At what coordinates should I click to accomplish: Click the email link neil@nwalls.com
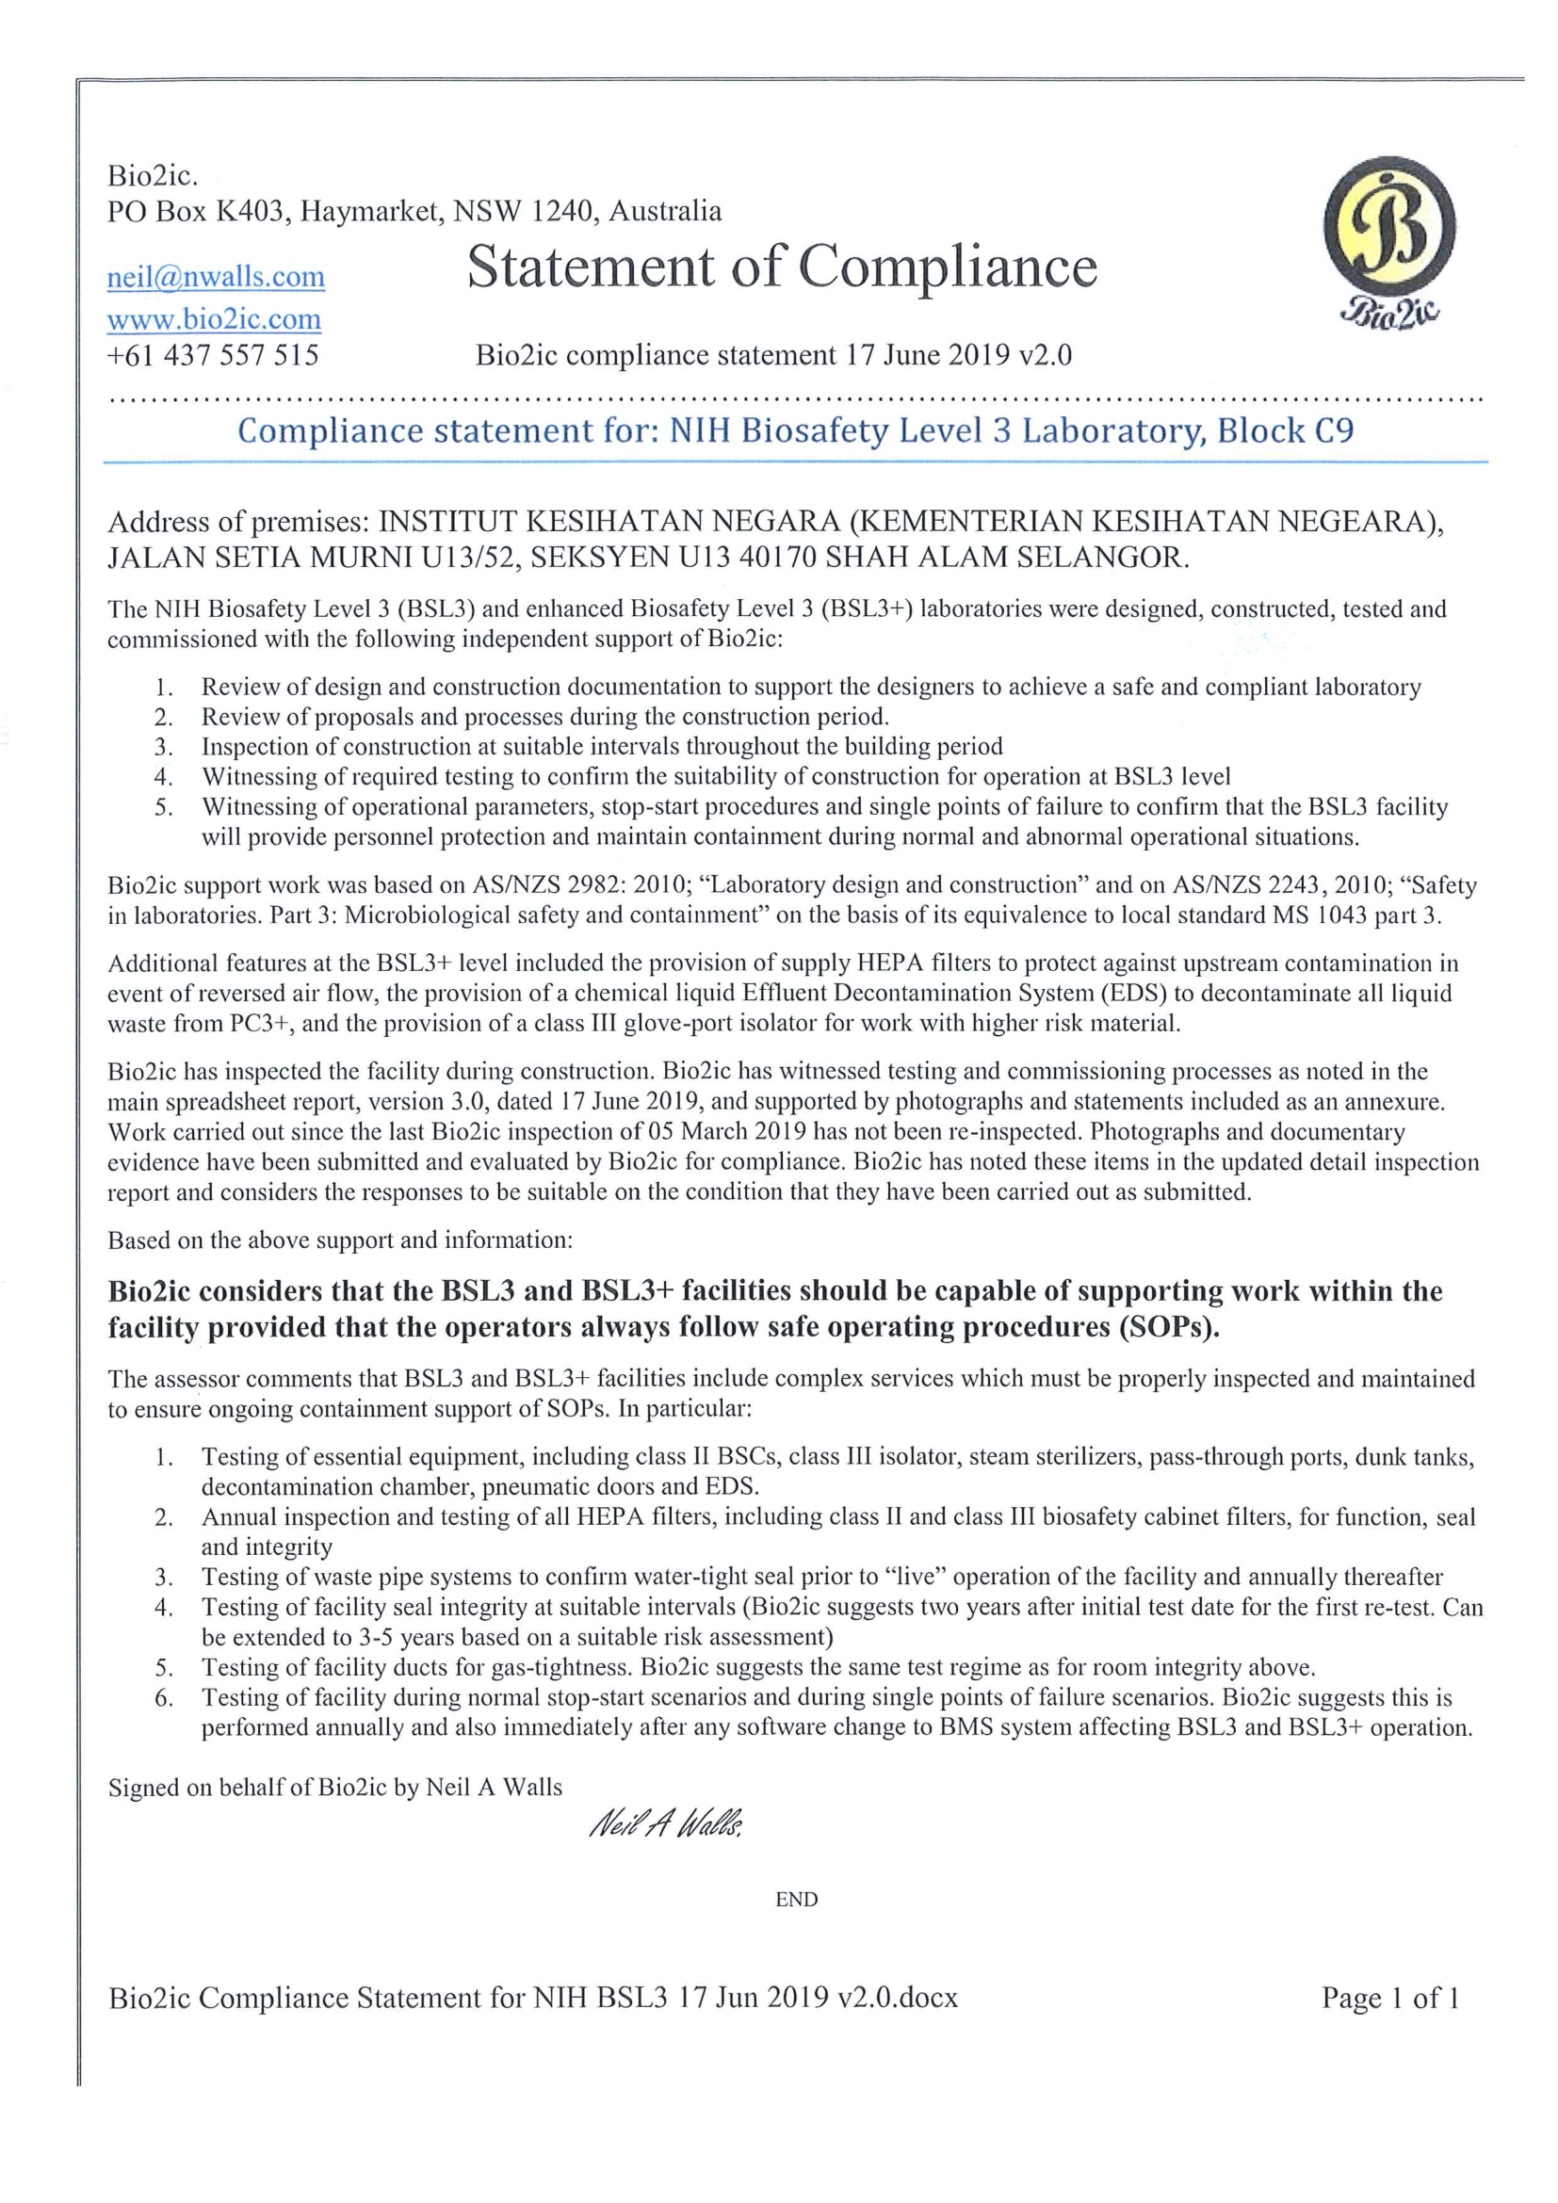pyautogui.click(x=216, y=277)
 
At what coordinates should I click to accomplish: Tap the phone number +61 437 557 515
pyautogui.click(x=213, y=356)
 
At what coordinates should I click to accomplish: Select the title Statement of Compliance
pyautogui.click(x=782, y=267)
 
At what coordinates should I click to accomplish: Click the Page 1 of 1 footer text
pyautogui.click(x=1390, y=1998)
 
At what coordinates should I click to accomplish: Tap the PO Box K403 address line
pyautogui.click(x=414, y=211)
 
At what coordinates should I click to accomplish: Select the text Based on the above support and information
pyautogui.click(x=340, y=1239)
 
